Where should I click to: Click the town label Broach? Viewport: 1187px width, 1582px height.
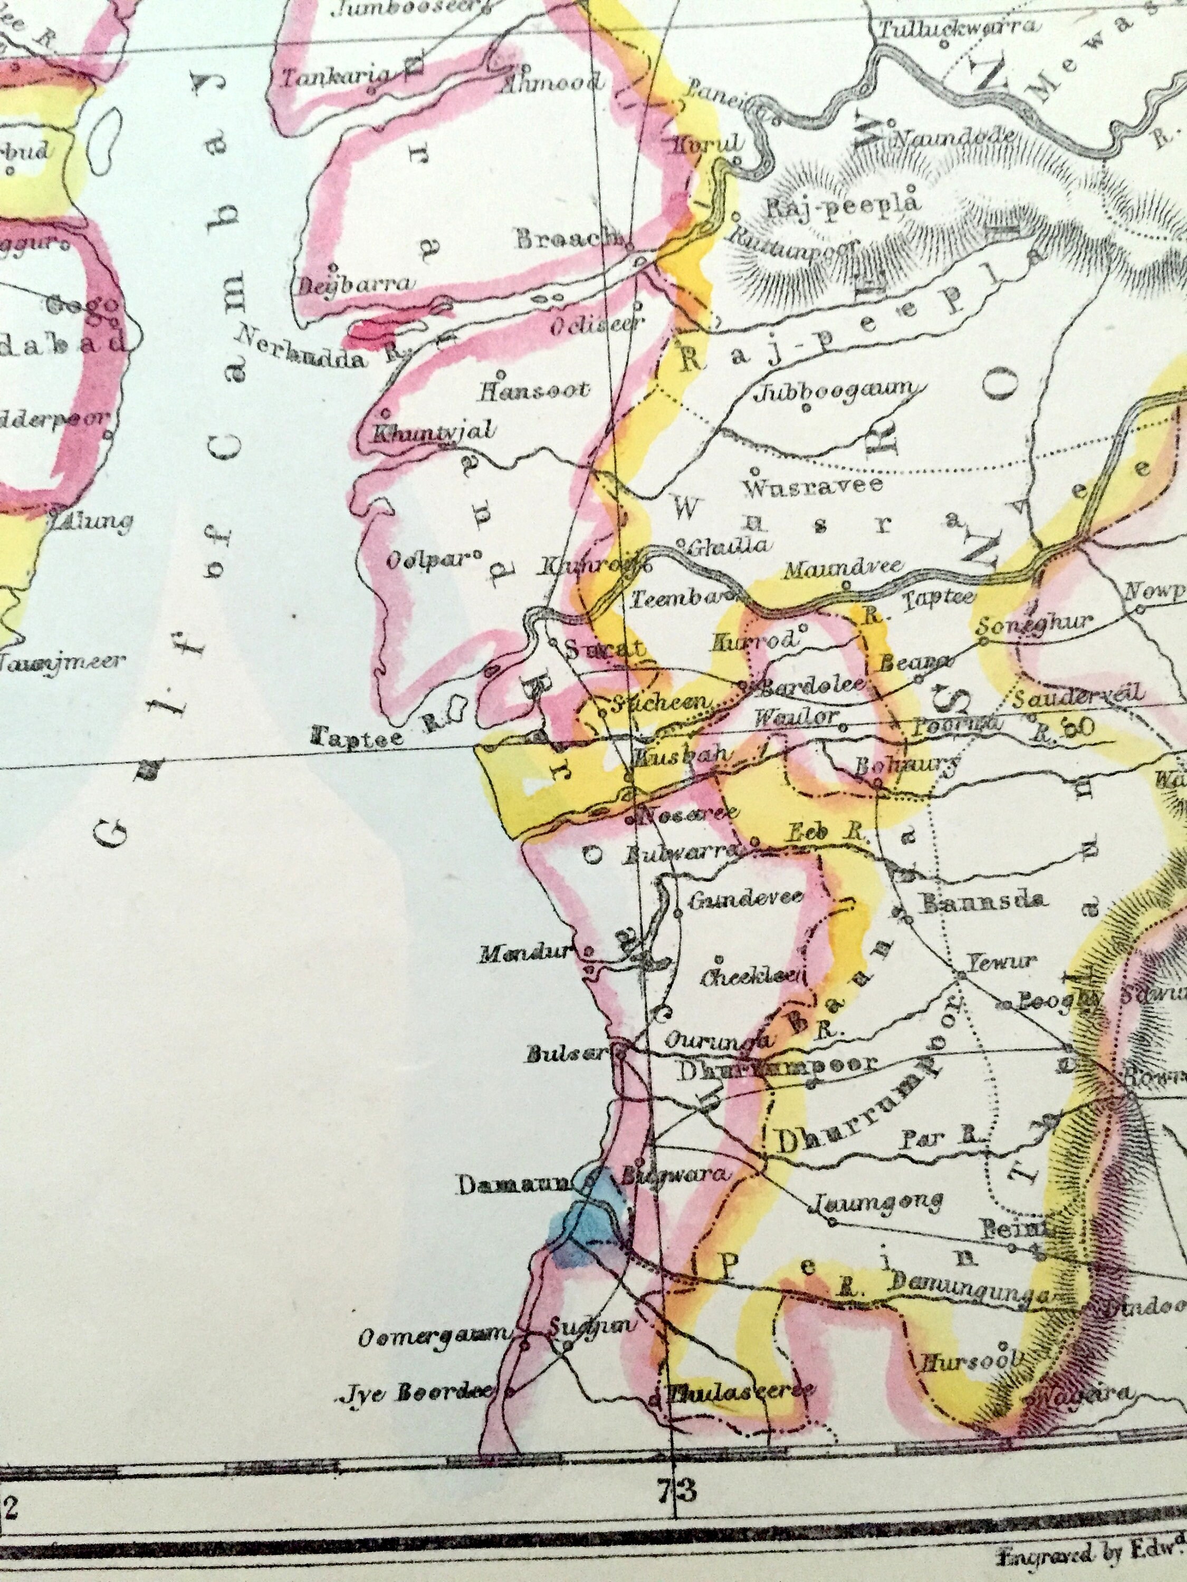[x=569, y=239]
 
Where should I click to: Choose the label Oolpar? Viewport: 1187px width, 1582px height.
[x=429, y=560]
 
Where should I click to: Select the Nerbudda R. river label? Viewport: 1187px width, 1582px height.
[x=321, y=348]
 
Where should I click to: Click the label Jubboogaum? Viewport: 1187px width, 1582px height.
[x=836, y=391]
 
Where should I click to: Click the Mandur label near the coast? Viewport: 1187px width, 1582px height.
[x=526, y=952]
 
